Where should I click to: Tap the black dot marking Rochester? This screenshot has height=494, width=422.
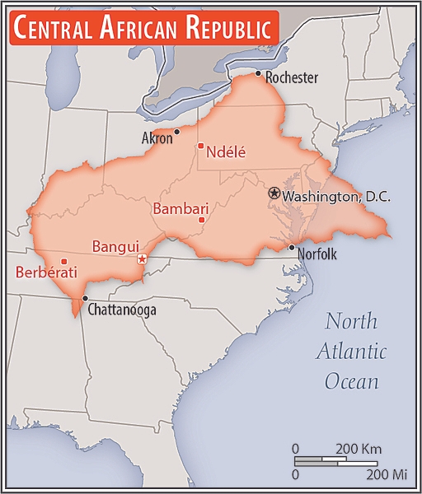click(x=258, y=74)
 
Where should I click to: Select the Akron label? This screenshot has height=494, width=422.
click(x=157, y=138)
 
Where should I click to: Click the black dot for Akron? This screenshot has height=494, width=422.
click(x=177, y=132)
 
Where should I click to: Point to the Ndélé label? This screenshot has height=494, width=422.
click(x=227, y=151)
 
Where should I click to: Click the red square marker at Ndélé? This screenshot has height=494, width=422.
click(x=200, y=147)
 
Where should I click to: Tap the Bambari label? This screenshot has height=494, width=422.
click(x=181, y=208)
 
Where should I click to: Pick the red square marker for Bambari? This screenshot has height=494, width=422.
click(x=202, y=220)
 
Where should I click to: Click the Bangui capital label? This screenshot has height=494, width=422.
click(x=115, y=246)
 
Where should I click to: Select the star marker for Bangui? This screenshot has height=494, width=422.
click(x=142, y=259)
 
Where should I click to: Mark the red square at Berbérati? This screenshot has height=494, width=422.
click(x=64, y=262)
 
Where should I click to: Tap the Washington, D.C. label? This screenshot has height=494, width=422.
click(x=336, y=197)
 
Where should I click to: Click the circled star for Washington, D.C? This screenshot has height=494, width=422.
click(x=274, y=193)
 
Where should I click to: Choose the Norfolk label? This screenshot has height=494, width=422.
click(x=316, y=254)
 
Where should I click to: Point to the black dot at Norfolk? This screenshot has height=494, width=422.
click(x=291, y=247)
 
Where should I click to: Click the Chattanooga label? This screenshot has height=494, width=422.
click(x=121, y=310)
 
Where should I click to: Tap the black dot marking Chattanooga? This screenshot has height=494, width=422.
click(x=85, y=298)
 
